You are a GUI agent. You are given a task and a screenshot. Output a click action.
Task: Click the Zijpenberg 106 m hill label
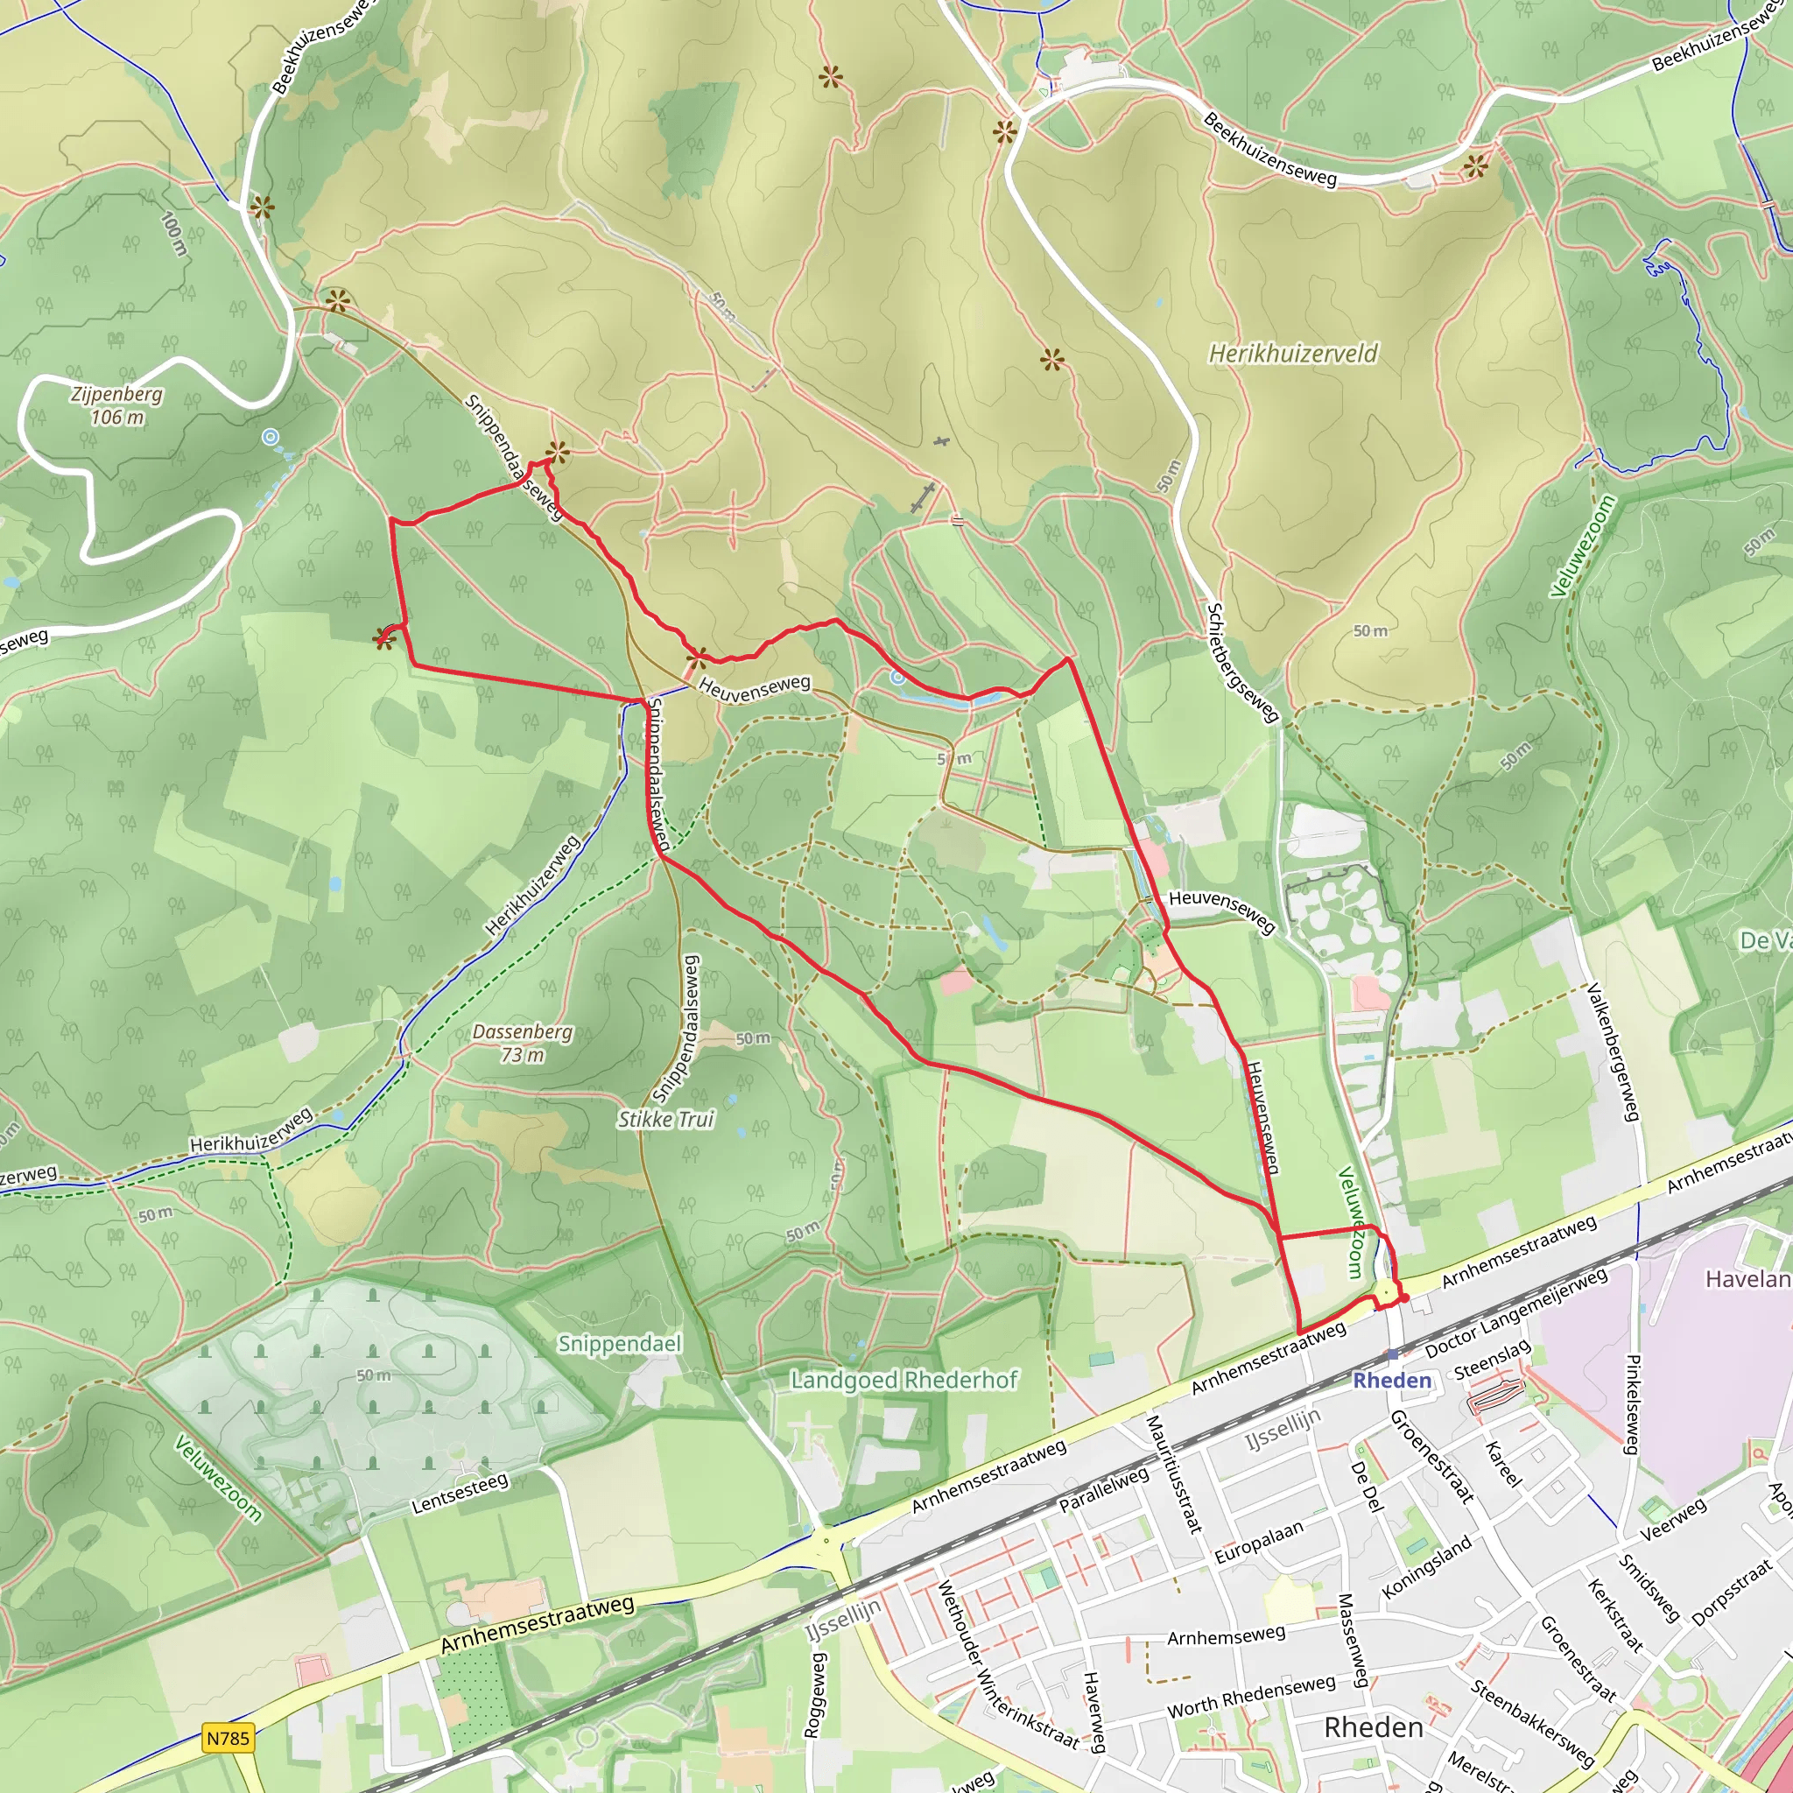[116, 405]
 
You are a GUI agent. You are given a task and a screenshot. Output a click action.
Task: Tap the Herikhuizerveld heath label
[1293, 354]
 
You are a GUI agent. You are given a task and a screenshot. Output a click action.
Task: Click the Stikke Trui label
[666, 1119]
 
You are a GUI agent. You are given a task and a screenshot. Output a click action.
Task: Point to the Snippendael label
[619, 1344]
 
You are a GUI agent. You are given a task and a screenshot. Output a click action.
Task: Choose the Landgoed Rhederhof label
[904, 1380]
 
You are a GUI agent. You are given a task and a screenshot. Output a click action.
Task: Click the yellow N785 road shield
[229, 1738]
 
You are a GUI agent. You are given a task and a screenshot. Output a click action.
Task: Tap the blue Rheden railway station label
[1392, 1380]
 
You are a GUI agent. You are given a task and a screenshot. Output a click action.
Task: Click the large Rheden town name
[1374, 1727]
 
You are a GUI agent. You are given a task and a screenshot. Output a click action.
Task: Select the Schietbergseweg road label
[1242, 662]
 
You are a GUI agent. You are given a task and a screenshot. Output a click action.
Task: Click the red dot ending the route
[1404, 1298]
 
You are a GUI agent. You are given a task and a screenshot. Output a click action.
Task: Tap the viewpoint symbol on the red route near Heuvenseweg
[696, 659]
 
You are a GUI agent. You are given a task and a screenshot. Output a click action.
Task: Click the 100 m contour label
[173, 234]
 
